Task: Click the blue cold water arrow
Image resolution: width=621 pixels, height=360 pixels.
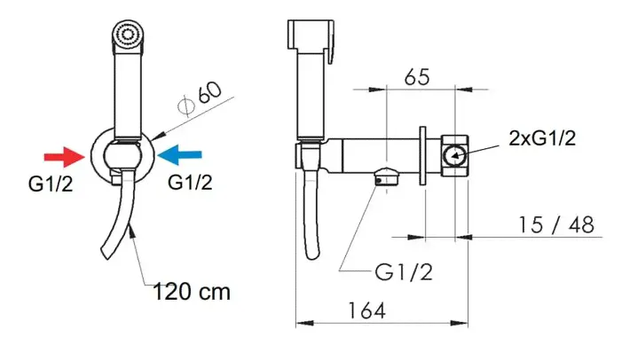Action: [x=180, y=154]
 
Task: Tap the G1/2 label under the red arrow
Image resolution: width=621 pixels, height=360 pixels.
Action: [x=51, y=184]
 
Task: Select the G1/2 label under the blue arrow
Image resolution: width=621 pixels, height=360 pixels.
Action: [x=190, y=182]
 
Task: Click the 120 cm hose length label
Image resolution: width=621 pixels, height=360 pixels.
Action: [x=192, y=292]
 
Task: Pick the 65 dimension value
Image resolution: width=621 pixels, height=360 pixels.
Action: [x=417, y=77]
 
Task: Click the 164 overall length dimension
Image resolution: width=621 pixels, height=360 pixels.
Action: [x=366, y=310]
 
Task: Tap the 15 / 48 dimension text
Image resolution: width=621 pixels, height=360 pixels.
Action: [x=556, y=225]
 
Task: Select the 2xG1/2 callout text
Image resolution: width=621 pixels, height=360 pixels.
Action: [x=542, y=138]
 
